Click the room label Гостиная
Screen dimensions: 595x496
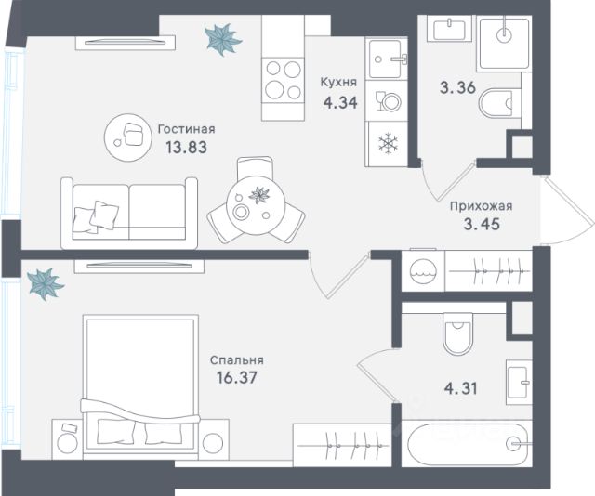point(186,130)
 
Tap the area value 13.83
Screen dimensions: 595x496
point(186,147)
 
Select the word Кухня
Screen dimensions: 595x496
point(338,83)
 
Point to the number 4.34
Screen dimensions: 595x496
point(340,102)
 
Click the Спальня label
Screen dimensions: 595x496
point(237,359)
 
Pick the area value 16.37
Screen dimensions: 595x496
point(237,377)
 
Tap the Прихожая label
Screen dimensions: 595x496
point(482,206)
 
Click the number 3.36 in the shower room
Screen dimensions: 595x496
point(457,87)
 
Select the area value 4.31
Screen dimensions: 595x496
point(461,388)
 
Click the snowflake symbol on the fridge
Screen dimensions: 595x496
point(388,143)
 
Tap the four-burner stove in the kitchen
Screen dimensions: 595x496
point(283,81)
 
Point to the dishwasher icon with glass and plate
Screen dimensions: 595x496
point(388,101)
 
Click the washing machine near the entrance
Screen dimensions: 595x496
point(423,271)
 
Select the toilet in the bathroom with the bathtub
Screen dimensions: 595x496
point(457,333)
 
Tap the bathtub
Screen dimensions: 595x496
point(467,444)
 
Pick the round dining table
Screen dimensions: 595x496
point(256,205)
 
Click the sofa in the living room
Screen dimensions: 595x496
point(129,213)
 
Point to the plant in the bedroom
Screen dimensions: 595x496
point(46,283)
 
